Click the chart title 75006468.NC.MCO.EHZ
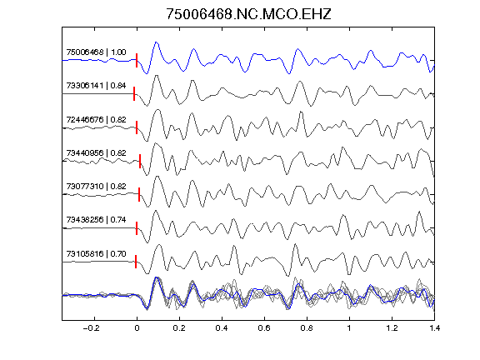point(248,14)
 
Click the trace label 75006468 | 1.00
point(96,52)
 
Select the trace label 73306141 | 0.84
point(96,85)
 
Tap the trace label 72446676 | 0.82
point(96,119)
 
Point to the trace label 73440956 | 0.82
point(96,152)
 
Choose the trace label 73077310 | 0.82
point(96,186)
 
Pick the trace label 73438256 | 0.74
point(96,219)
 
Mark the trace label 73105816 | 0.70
point(96,254)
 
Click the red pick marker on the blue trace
point(137,60)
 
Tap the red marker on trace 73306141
point(134,93)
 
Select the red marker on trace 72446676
point(137,127)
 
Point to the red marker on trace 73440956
point(140,161)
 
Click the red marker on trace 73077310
point(139,194)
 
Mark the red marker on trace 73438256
point(137,228)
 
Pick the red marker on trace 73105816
point(136,262)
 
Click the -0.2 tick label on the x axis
point(92,328)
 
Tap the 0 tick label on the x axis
point(137,328)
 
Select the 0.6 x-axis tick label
point(264,328)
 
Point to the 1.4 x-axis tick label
point(434,328)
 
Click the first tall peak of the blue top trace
point(156,42)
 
